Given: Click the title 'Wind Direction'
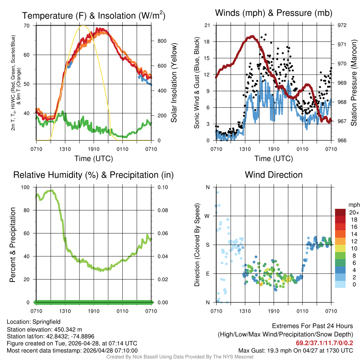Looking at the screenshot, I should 274,175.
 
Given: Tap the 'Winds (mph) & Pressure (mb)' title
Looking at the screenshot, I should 274,13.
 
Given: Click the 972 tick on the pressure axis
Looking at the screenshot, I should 342,25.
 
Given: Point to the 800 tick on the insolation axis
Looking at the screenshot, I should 162,41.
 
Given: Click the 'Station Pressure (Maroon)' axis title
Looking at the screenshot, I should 354,83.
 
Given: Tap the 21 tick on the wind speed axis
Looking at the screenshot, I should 207,25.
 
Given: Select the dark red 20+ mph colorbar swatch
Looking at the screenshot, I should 341,212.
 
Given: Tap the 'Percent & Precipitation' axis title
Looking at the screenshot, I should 13,245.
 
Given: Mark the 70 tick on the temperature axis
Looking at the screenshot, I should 27,26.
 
